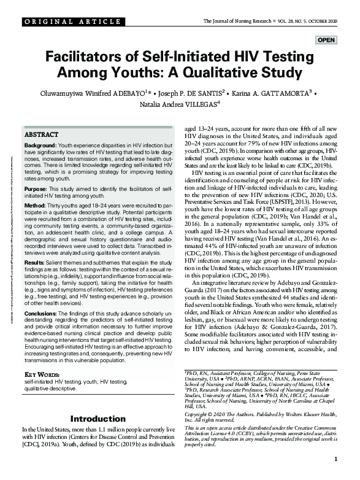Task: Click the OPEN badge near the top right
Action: click(326, 41)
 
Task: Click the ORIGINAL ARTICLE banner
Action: click(64, 22)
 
